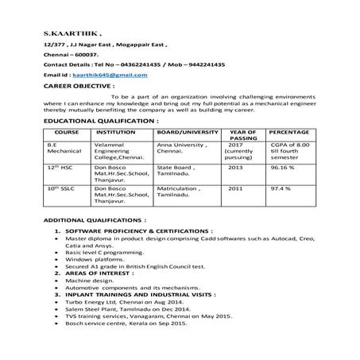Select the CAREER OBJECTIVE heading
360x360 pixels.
(x=79, y=83)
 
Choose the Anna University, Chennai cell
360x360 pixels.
(x=184, y=150)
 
